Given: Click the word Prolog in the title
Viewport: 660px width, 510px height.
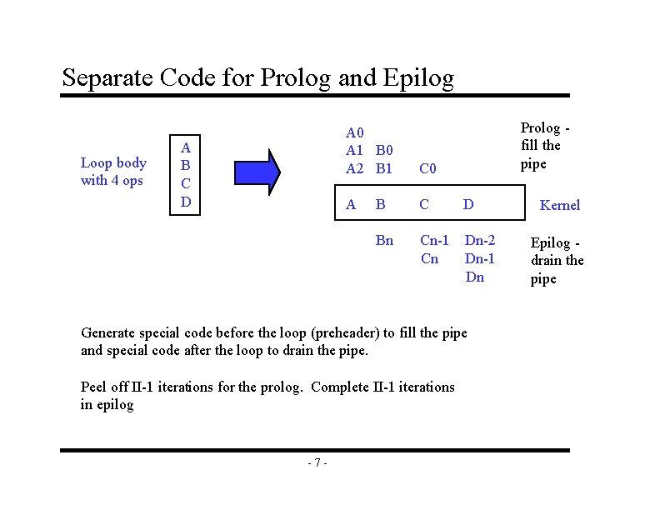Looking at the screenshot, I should [x=297, y=78].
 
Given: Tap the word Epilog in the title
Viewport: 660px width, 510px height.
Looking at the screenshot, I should [x=419, y=78].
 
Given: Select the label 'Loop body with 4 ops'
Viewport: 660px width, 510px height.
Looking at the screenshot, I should [x=113, y=172].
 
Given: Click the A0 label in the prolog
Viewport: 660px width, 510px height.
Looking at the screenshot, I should [x=356, y=132].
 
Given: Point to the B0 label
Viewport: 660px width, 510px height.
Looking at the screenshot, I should [x=384, y=151].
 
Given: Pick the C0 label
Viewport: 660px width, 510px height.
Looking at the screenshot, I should [x=428, y=169].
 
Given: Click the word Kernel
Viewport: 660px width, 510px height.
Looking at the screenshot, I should [x=560, y=205].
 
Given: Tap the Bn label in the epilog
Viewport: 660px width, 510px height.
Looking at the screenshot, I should [x=384, y=241].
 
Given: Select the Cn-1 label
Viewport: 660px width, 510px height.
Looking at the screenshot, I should [x=434, y=241].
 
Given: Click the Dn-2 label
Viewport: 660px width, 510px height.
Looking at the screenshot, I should [x=480, y=241].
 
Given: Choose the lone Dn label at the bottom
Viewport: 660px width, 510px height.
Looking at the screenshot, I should [x=474, y=277].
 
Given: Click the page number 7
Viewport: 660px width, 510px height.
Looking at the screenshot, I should [x=317, y=463].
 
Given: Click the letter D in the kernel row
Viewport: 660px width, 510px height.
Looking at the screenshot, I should [x=468, y=204].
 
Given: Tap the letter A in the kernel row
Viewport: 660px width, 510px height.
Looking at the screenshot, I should [x=351, y=204].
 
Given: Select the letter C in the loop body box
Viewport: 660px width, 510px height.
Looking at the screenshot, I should [x=186, y=182].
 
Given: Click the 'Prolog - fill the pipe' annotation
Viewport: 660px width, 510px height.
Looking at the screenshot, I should [x=545, y=145].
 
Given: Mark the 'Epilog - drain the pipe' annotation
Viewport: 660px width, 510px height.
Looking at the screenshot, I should [x=557, y=261].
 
